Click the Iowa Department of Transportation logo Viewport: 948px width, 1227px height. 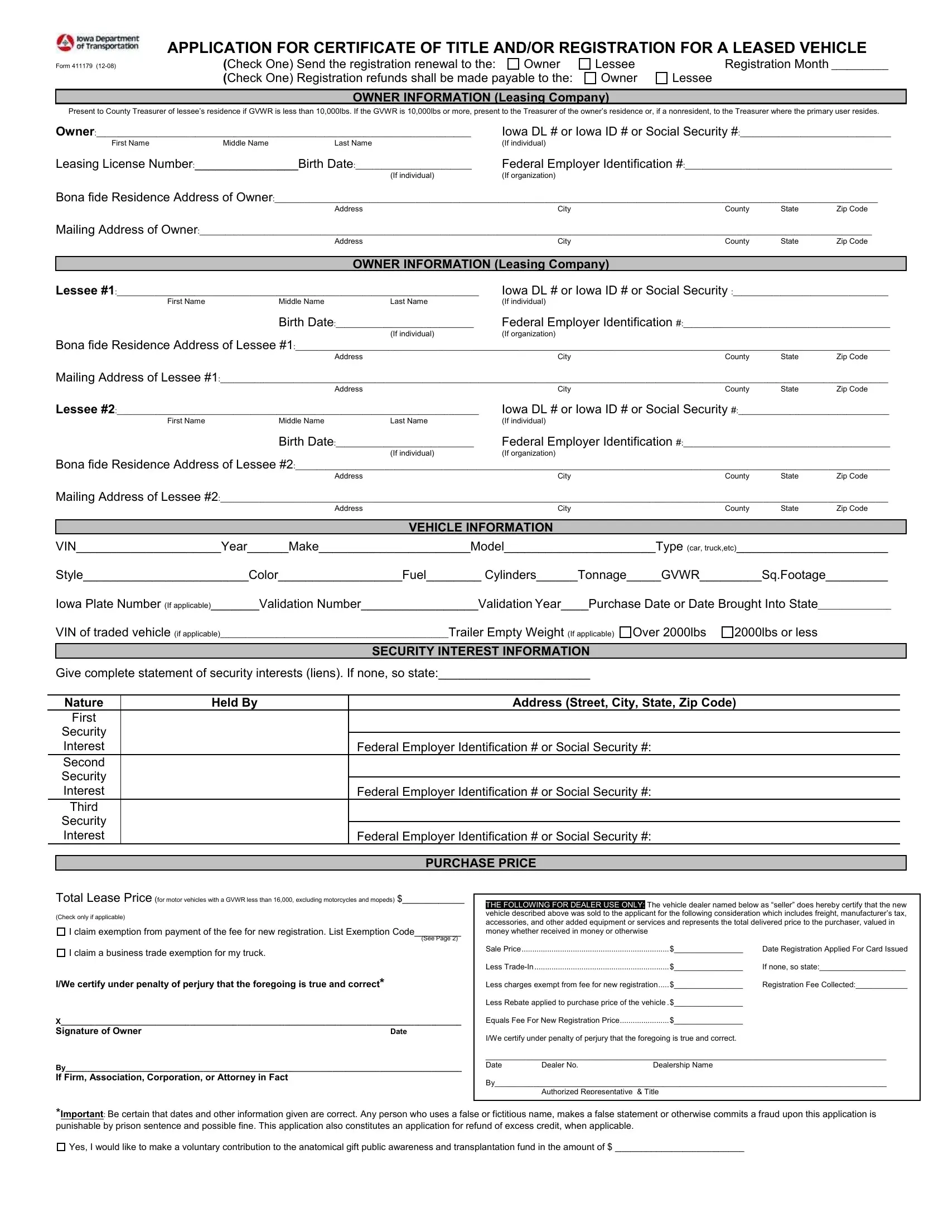(x=98, y=42)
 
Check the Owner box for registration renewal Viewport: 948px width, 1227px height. (x=513, y=64)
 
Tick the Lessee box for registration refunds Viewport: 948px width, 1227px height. (x=661, y=78)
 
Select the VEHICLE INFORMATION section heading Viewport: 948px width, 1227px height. (x=480, y=527)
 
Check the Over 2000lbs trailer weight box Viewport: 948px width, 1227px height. (x=625, y=632)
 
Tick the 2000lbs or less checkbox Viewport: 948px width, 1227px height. (x=727, y=632)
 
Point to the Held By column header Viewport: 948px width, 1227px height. (x=234, y=702)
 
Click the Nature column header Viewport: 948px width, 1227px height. (x=84, y=702)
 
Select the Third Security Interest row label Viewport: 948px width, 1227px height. (x=84, y=821)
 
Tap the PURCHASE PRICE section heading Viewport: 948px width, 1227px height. (x=480, y=863)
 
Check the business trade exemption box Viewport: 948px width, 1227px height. (x=61, y=953)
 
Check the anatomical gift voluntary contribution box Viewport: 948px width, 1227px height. (x=61, y=1147)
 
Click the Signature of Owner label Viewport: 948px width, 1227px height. (x=98, y=1031)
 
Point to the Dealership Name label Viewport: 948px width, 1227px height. (x=683, y=1065)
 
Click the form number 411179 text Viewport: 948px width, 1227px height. (x=85, y=66)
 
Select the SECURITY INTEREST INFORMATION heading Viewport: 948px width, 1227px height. (x=480, y=650)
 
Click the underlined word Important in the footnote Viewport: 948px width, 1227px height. (x=82, y=1114)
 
